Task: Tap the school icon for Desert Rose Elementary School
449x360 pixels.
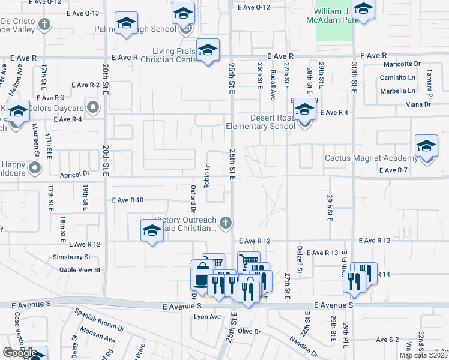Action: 304,110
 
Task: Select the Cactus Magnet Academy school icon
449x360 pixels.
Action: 426,147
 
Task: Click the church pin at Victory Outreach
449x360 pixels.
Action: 225,223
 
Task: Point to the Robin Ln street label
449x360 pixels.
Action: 207,176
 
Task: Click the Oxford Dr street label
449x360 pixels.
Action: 193,199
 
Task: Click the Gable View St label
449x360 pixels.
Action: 80,270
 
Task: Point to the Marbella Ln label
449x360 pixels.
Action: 397,91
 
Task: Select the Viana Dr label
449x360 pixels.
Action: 418,104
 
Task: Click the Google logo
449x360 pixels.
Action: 19,353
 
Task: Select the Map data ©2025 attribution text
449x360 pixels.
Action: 423,355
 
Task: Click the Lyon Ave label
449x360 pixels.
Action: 207,317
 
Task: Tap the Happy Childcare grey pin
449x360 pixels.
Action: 35,169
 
